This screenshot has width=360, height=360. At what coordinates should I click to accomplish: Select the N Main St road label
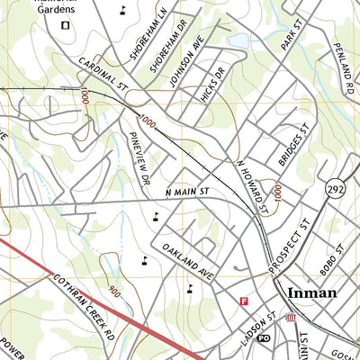[187, 193]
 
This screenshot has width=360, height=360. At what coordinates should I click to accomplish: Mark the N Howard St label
[253, 188]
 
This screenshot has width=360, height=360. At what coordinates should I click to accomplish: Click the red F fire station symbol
[242, 301]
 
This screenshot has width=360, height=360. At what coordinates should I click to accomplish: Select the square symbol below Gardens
[64, 25]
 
